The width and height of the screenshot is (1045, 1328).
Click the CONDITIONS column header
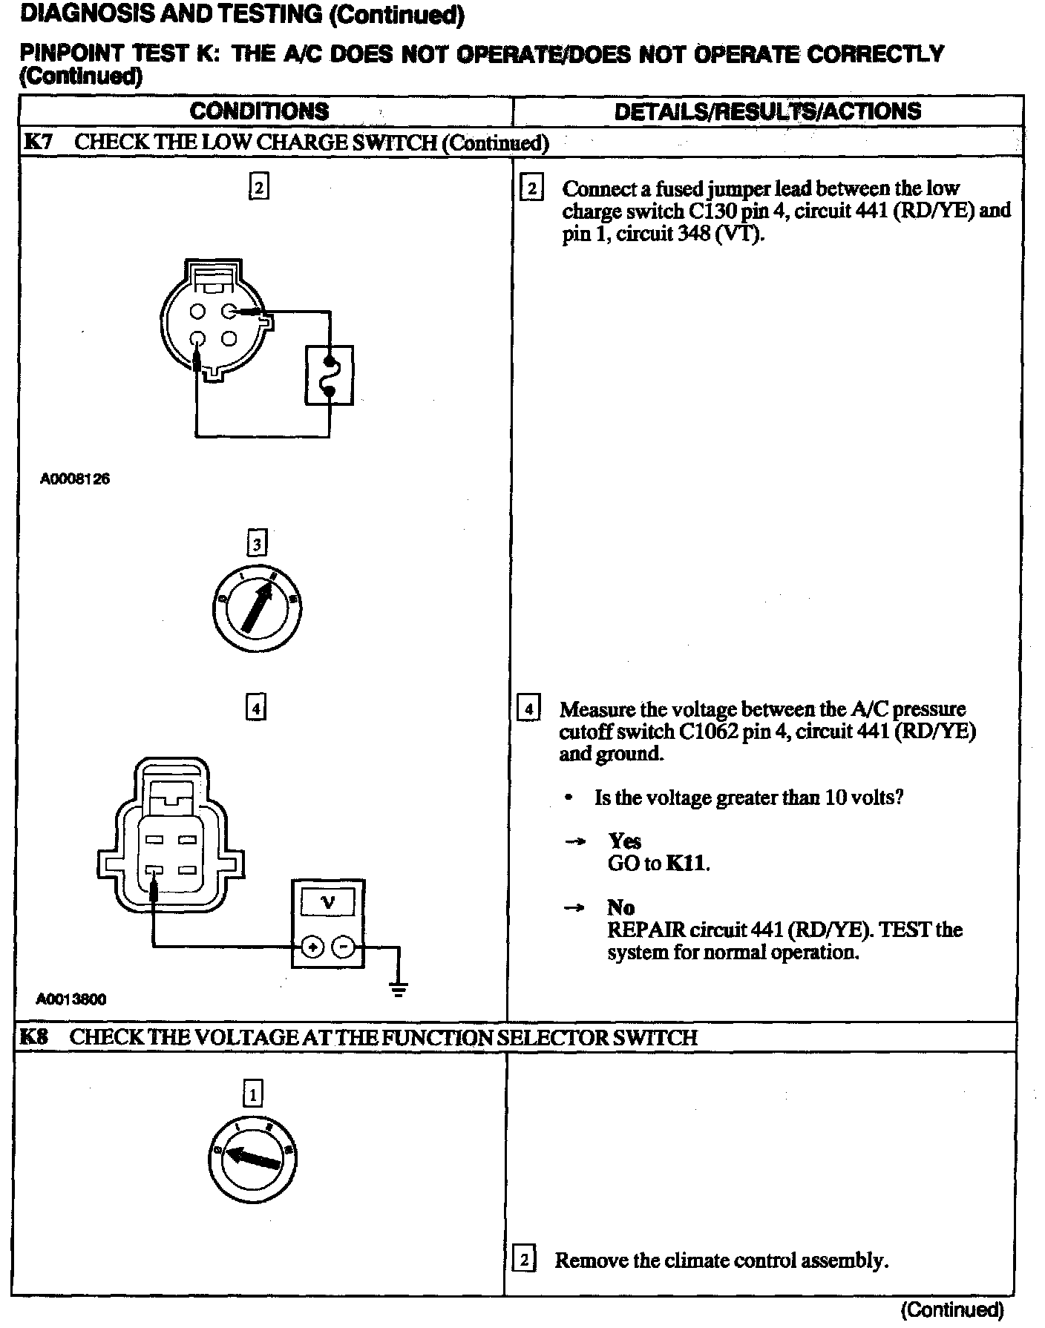pos(259,111)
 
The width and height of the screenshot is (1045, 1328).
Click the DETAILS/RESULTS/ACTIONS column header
pos(767,111)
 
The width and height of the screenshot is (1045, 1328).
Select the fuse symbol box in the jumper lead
pos(329,375)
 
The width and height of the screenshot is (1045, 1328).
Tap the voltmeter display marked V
pos(327,901)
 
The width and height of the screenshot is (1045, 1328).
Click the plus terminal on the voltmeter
pos(312,947)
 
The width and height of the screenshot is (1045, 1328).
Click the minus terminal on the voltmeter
pos(342,947)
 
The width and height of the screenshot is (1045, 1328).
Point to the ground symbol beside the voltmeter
pos(399,988)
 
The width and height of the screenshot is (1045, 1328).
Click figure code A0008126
pos(75,479)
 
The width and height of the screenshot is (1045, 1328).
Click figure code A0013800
pos(71,999)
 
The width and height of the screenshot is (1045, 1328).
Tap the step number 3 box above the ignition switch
pos(256,545)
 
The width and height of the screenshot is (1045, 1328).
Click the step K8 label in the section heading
pos(34,1036)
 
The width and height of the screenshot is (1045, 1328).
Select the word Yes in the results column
pos(624,841)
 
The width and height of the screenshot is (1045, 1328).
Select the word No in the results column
pos(620,907)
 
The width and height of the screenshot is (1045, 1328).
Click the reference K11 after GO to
pos(687,863)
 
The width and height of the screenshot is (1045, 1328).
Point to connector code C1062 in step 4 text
pos(708,732)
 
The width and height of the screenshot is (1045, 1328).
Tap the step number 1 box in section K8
pos(253,1094)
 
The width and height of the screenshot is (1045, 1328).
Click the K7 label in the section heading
pos(39,142)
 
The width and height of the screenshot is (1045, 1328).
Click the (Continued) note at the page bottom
pos(952,1310)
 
